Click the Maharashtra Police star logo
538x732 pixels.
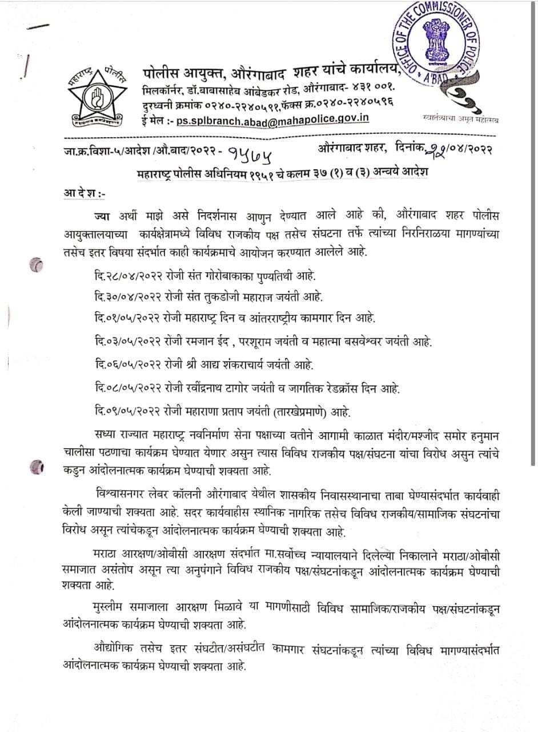pos(95,97)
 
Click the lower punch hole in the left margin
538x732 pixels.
pos(37,467)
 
